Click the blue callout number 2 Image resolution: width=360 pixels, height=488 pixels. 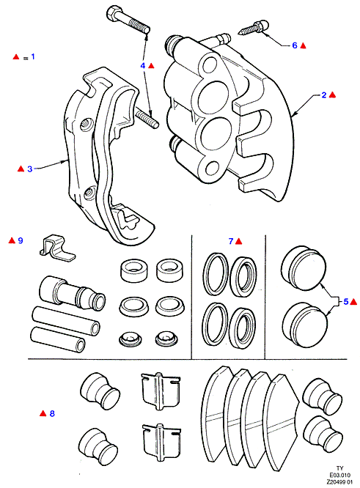click(x=324, y=95)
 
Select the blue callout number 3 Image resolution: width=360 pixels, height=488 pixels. click(x=30, y=169)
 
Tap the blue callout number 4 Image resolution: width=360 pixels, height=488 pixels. click(x=143, y=66)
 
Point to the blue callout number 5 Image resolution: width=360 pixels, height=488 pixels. click(x=345, y=302)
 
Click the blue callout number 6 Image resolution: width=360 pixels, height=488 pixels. click(x=295, y=45)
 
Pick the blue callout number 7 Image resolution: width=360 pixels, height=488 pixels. click(x=231, y=241)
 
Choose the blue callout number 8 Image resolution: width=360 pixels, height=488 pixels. click(x=52, y=413)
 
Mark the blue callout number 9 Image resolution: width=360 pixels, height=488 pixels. click(x=21, y=240)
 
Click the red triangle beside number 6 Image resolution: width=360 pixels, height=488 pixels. click(x=303, y=45)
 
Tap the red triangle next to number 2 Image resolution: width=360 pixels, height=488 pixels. click(x=332, y=95)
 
